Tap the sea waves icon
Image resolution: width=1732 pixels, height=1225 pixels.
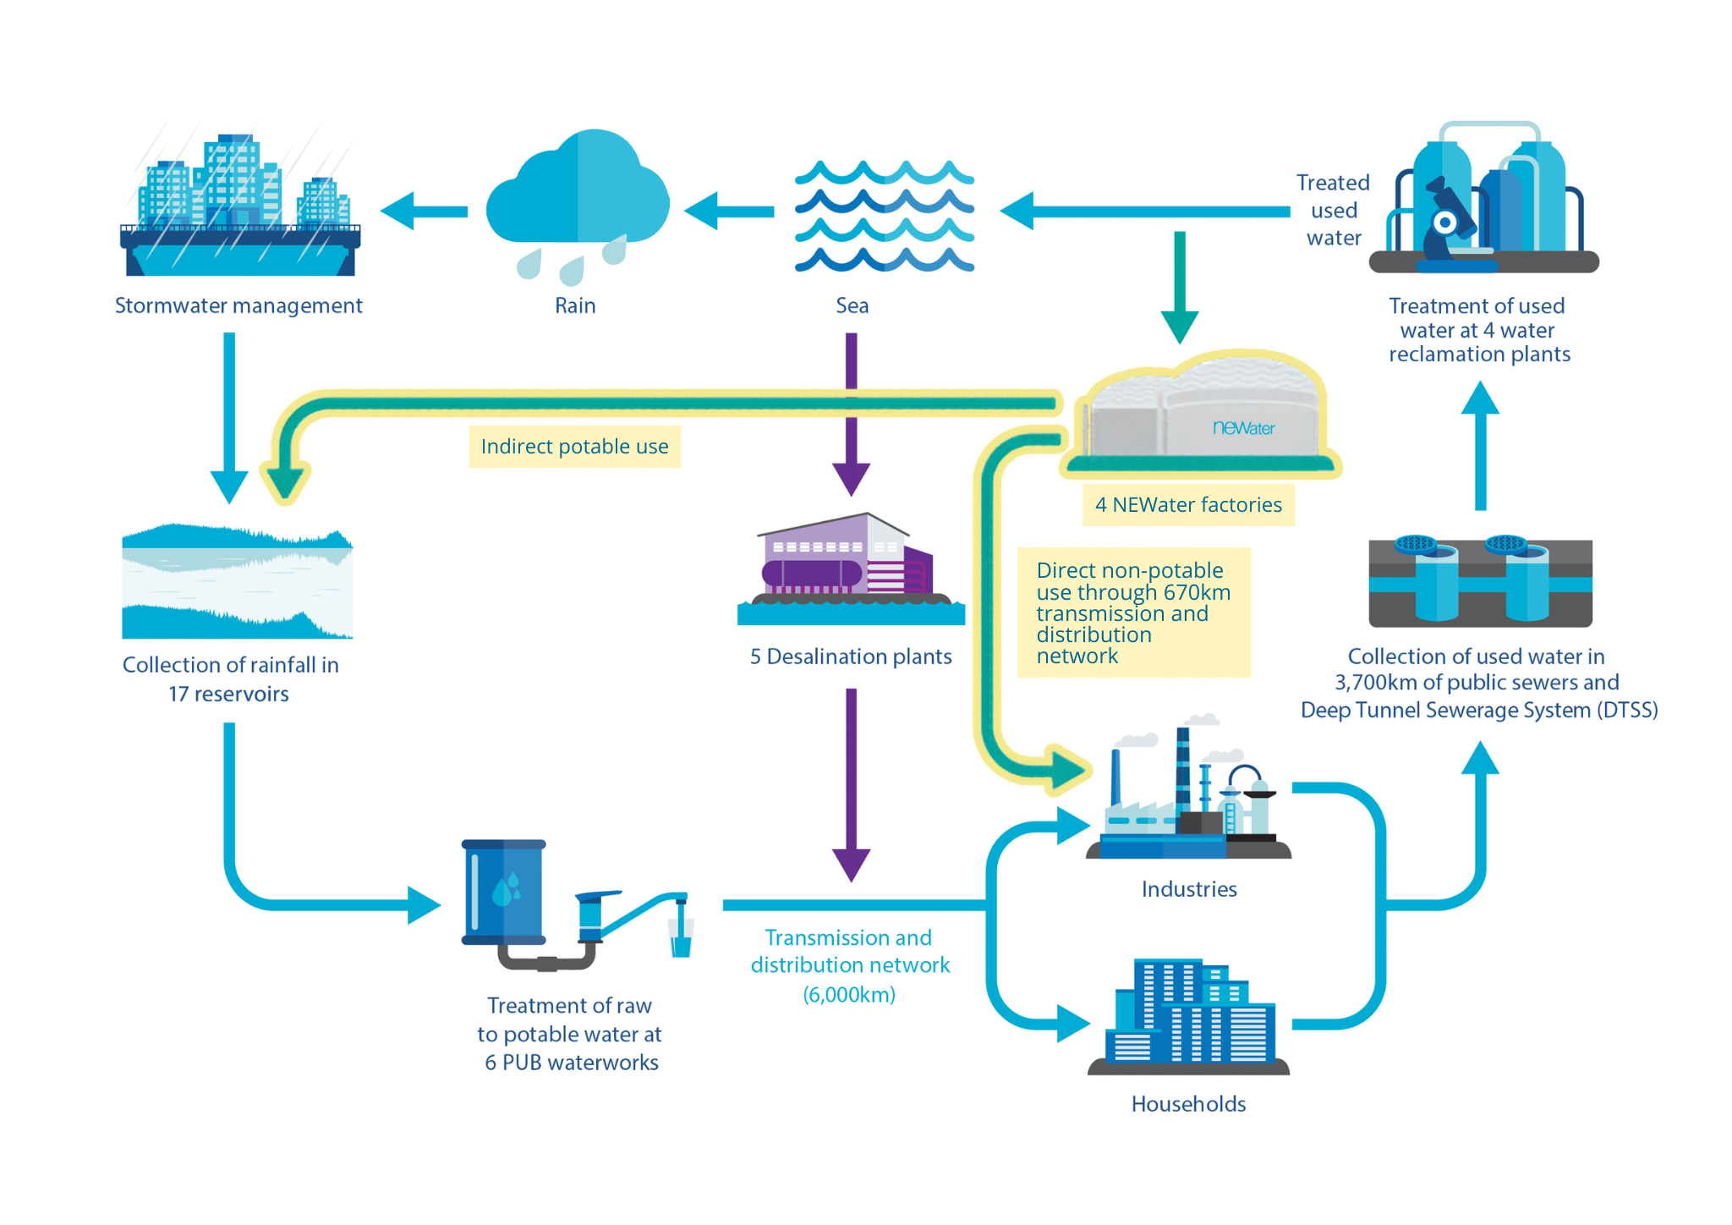(x=885, y=216)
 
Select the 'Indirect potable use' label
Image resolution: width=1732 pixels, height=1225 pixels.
(x=575, y=447)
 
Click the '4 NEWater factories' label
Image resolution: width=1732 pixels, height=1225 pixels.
(x=1188, y=505)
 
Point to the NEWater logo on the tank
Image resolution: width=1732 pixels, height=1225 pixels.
(x=1243, y=428)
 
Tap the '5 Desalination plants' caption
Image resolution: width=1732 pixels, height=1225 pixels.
(x=851, y=656)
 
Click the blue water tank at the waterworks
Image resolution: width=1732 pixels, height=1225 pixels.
(x=504, y=892)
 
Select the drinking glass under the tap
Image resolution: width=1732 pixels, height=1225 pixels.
(x=681, y=938)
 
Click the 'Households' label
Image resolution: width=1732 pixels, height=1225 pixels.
(x=1188, y=1104)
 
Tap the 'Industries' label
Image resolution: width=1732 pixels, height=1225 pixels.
(x=1189, y=889)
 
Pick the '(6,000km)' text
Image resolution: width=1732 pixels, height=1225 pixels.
(x=849, y=995)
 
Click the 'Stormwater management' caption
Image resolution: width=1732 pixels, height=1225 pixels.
(x=238, y=305)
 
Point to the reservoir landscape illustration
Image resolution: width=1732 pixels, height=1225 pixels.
(x=238, y=581)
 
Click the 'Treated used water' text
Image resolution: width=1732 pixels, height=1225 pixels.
(x=1333, y=211)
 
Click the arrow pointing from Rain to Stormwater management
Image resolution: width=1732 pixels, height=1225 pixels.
(x=424, y=211)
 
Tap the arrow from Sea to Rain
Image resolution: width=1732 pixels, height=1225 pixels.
(x=729, y=211)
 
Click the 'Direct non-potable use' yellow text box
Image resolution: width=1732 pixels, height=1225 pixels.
(x=1133, y=612)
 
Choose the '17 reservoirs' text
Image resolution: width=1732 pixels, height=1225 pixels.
(x=228, y=695)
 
